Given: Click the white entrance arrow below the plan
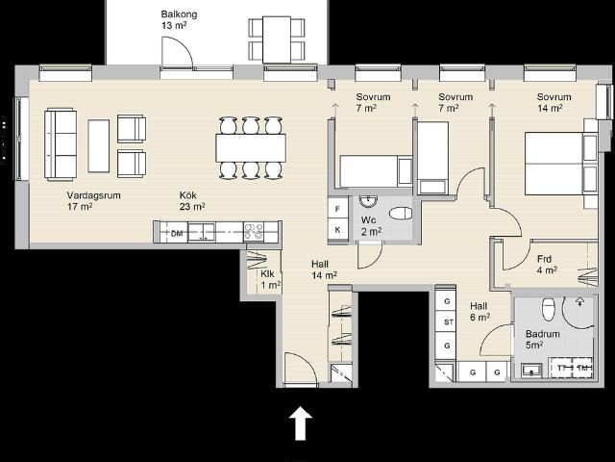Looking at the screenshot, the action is click(301, 423).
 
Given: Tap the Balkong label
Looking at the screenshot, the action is click(179, 14).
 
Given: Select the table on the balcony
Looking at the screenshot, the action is click(277, 39).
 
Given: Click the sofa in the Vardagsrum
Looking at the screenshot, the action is click(61, 144).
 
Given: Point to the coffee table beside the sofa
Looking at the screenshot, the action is click(98, 145).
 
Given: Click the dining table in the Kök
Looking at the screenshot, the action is click(251, 147).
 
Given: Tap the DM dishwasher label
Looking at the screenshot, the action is click(177, 233).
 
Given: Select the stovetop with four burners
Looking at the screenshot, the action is click(254, 232).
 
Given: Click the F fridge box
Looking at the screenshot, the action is click(337, 209).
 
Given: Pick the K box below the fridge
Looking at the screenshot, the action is click(337, 230).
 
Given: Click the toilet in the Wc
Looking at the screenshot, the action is click(401, 214).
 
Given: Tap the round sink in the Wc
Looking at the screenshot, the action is click(368, 201).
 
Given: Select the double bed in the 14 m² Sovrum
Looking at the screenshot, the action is click(561, 164).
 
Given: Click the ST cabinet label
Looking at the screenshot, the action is click(449, 322).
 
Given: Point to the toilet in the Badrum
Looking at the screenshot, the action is click(549, 309).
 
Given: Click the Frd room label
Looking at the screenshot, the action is click(544, 259).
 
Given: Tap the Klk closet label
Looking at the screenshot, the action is click(267, 273).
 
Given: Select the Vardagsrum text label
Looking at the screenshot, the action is click(93, 195).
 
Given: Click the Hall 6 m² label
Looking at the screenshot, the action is click(480, 311).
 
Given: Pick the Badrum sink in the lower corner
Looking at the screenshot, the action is click(531, 370).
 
